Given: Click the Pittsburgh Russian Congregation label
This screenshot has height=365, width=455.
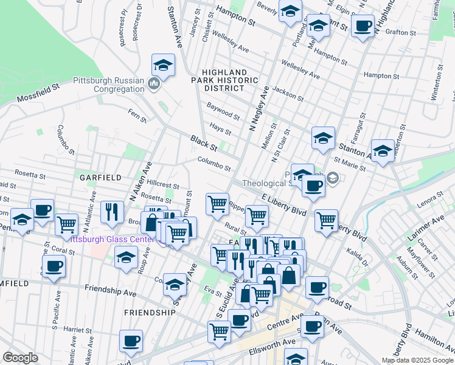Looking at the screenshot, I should [109, 85].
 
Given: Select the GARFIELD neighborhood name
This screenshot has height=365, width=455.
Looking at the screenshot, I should [97, 177].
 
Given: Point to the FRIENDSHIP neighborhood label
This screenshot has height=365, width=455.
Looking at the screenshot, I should [149, 312].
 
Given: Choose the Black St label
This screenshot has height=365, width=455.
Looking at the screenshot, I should [203, 144].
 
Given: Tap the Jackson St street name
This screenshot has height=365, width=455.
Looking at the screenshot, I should [288, 93].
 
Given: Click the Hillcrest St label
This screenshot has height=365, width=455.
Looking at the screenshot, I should [162, 184].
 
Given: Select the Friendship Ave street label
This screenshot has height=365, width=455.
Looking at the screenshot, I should [111, 291].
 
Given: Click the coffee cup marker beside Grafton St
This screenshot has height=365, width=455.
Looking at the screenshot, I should [363, 26].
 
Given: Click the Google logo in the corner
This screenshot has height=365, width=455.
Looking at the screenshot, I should [20, 358].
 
